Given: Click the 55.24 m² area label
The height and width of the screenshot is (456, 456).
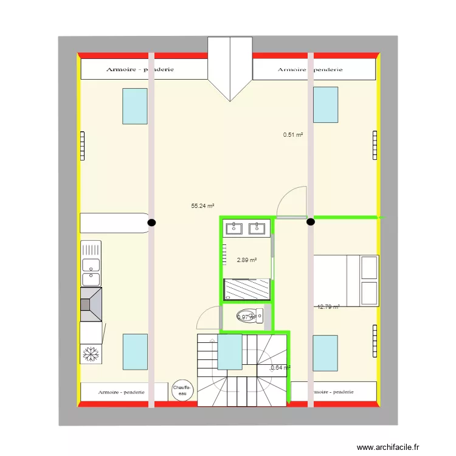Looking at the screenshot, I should point(202,206).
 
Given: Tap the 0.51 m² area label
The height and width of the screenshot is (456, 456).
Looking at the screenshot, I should point(293,135).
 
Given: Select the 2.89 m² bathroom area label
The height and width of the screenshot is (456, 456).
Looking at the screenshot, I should point(247,260).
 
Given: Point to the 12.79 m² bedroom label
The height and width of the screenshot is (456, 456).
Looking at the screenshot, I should point(328,307).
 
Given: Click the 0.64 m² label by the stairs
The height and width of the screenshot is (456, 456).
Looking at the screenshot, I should point(280,367).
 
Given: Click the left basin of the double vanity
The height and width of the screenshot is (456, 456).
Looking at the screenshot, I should point(235,229).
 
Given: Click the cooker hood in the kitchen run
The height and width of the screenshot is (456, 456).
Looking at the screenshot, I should point(91,304).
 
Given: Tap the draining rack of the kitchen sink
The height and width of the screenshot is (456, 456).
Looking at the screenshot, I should point(91,249).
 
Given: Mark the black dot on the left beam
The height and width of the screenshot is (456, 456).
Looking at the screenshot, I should point(151,223).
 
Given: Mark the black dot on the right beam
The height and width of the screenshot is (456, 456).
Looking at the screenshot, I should point(310,222).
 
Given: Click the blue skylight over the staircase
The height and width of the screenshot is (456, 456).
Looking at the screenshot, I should point(230,351).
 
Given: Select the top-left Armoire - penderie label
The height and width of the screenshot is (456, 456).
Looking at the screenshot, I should point(140,69).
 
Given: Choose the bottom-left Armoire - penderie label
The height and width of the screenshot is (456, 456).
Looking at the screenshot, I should point(122,392).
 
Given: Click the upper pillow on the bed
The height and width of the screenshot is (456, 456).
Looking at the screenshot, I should point(370,267).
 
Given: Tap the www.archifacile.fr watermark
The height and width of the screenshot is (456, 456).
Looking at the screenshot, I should point(389,447).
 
